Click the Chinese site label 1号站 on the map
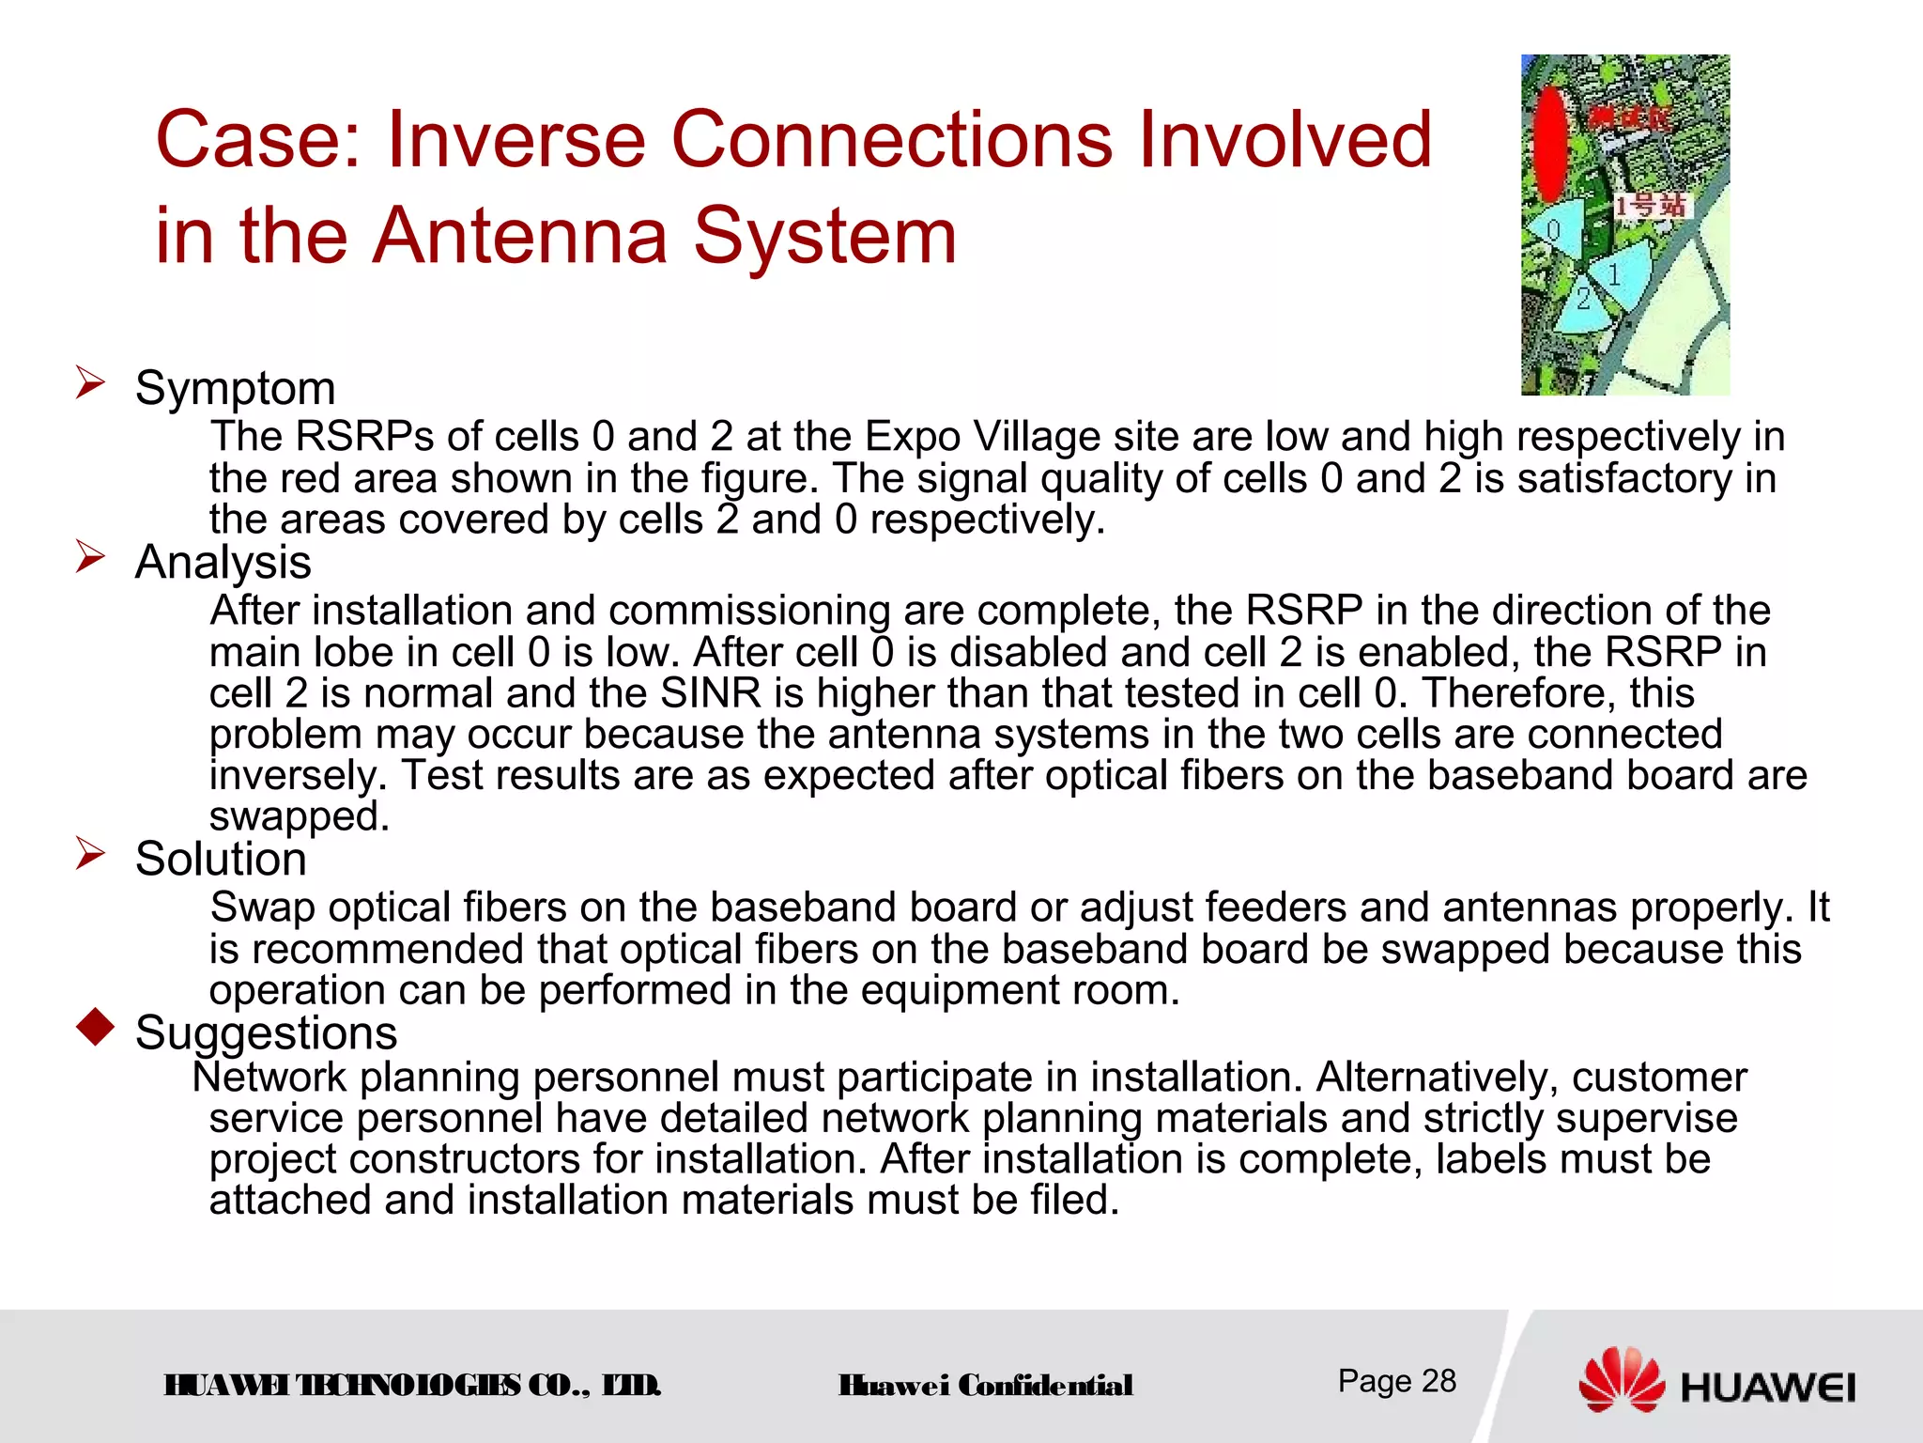coord(1651,205)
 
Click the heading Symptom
coord(235,388)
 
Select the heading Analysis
coord(223,563)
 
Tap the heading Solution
coord(221,859)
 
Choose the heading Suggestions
coord(266,1032)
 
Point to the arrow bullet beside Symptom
coord(90,383)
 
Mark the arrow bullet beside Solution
coord(90,854)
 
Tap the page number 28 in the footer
coord(1438,1381)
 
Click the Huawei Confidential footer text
coord(985,1386)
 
